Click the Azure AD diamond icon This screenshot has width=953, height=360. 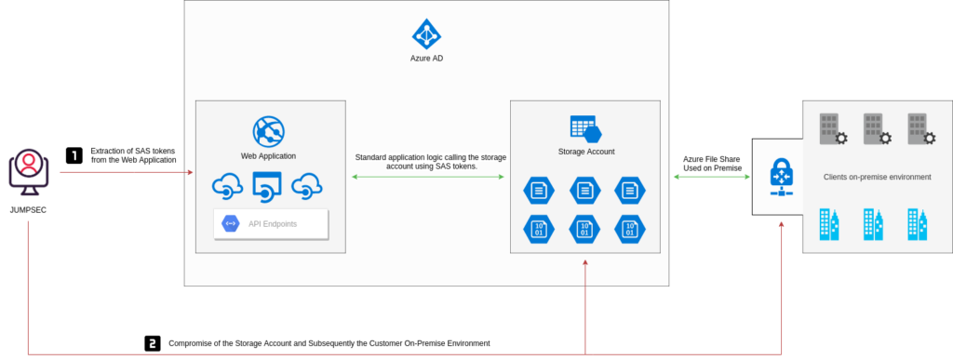[426, 33]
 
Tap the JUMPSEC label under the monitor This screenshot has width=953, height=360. [28, 209]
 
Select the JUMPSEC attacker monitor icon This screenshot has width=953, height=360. [29, 172]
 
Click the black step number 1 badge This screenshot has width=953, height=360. [74, 155]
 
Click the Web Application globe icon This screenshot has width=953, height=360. [268, 130]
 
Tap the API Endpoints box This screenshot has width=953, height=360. [271, 223]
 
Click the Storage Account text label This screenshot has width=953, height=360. [585, 151]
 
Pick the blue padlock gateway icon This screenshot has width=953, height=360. [780, 176]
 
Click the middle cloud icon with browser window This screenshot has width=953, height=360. [268, 186]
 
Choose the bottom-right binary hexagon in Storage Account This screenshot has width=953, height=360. [630, 228]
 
